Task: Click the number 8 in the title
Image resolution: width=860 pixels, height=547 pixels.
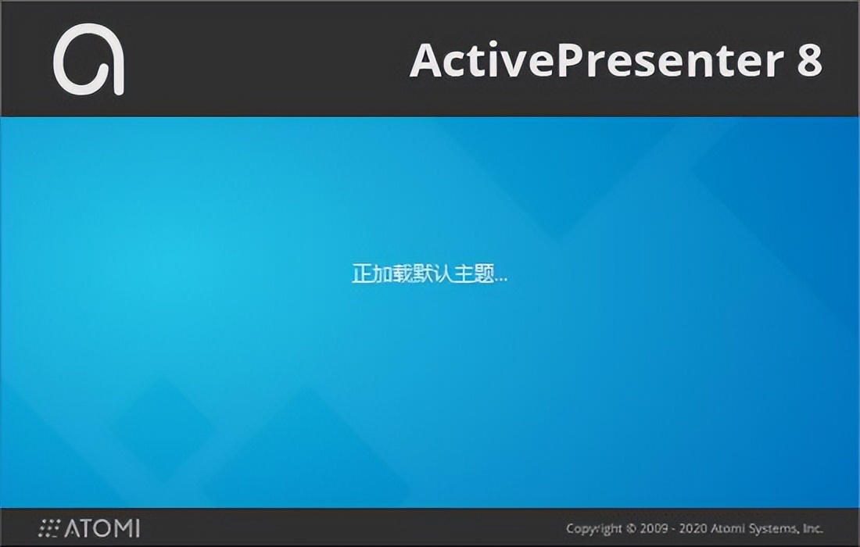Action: (x=809, y=59)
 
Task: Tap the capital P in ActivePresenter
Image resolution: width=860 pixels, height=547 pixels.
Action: (x=572, y=59)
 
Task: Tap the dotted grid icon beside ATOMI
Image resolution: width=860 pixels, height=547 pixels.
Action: (x=49, y=527)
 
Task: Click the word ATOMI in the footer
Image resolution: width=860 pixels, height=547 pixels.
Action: (x=102, y=527)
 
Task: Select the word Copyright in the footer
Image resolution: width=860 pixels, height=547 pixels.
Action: (x=594, y=529)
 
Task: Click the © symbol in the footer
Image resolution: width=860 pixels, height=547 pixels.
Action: (x=631, y=528)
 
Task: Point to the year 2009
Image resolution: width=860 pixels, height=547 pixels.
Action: (x=654, y=528)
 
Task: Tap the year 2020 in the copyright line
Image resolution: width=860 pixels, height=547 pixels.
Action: (x=693, y=528)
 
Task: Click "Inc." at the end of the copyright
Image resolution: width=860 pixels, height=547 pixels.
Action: (x=813, y=528)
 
